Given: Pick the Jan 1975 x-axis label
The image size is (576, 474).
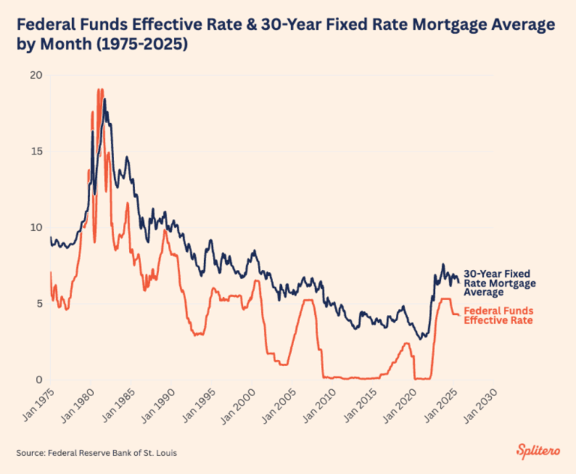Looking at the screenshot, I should (x=34, y=405).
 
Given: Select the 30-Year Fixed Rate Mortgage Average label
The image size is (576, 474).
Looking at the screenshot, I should (x=499, y=283).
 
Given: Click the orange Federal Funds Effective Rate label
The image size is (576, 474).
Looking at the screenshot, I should (x=499, y=315).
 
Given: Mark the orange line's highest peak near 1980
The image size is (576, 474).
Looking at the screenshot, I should (x=100, y=90).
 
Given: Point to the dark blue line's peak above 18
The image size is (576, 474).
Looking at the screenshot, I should (x=105, y=100).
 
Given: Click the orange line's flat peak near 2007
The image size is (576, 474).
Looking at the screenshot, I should (x=307, y=300).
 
